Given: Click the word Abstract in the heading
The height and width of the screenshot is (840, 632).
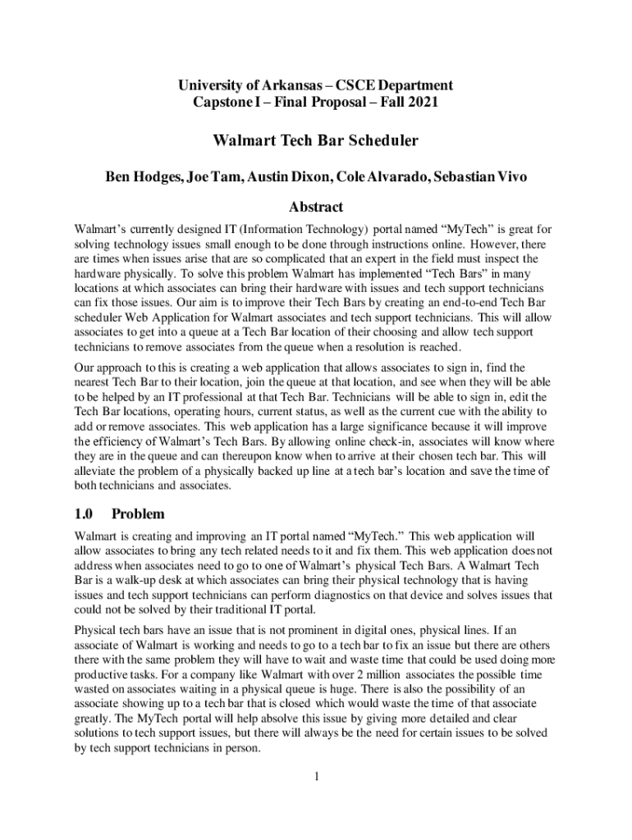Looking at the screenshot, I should (x=316, y=207).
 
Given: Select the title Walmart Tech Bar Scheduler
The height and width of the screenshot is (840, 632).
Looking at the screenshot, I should (x=316, y=140).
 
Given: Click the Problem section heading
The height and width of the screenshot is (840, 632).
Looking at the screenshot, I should (x=138, y=514).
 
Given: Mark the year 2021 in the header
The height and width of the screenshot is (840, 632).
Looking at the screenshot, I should (x=423, y=103).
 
